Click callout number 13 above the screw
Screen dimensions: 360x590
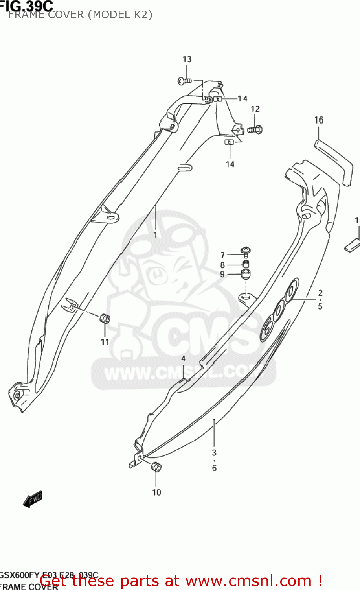[x=187, y=59]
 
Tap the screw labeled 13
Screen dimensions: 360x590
[x=184, y=81]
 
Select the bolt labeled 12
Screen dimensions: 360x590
[x=255, y=129]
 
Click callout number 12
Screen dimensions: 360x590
[x=255, y=109]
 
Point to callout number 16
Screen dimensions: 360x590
[x=319, y=120]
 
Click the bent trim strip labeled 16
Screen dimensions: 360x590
[x=334, y=159]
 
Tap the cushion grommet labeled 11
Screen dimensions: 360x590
[x=105, y=318]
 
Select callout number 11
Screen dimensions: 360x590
[x=105, y=342]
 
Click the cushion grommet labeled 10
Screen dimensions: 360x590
[x=156, y=467]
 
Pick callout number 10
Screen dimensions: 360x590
[x=156, y=492]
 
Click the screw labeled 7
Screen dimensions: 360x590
[x=246, y=251]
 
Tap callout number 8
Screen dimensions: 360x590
[x=222, y=265]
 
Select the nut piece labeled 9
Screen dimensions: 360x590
[x=246, y=274]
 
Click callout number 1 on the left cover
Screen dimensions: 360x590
[x=155, y=235]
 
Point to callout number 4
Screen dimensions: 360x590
[x=183, y=358]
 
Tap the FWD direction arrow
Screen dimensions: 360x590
[x=33, y=500]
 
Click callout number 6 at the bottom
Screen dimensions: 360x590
[x=214, y=468]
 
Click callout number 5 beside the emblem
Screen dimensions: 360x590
[x=320, y=306]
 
